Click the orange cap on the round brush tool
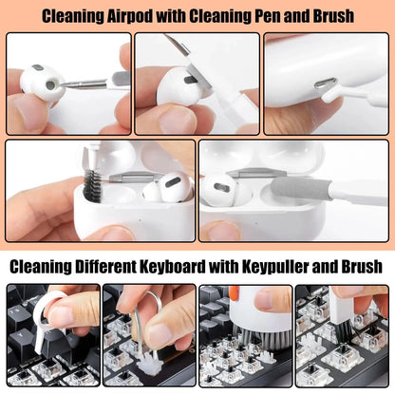point(235,292)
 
